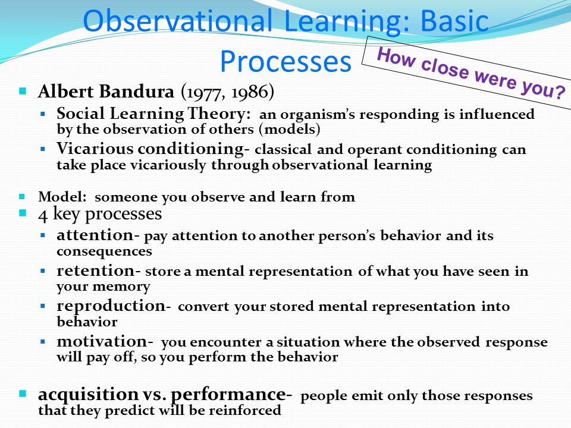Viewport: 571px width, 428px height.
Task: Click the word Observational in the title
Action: tap(178, 21)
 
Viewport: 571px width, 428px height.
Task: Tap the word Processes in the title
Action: tap(285, 61)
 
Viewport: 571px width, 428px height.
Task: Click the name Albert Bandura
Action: tap(106, 92)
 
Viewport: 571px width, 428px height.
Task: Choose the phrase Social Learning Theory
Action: tap(153, 114)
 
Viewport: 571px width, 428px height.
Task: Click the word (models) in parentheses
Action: tap(290, 129)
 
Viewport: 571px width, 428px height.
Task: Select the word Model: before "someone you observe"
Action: tap(62, 197)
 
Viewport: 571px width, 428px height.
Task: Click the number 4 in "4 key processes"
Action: tap(43, 215)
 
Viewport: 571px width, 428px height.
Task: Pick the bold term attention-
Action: tap(98, 235)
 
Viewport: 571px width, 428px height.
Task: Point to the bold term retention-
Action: tap(98, 271)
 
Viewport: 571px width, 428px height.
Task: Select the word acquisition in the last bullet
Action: tap(88, 395)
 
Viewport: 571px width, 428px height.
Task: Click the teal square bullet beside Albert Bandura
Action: tap(23, 90)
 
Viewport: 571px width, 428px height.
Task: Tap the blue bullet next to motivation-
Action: tap(43, 342)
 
